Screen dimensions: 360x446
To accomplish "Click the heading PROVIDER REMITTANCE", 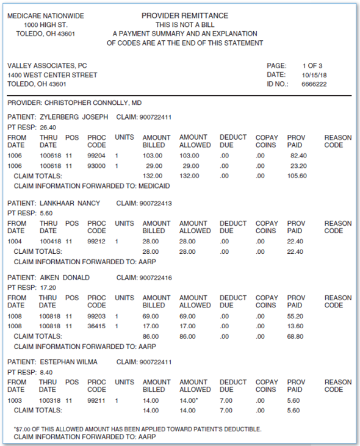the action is click(x=185, y=15).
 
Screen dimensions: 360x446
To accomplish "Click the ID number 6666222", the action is click(x=314, y=84).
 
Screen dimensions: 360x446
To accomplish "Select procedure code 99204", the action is click(x=96, y=156).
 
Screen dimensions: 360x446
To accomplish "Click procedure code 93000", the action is click(x=96, y=166).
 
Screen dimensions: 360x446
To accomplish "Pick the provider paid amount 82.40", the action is click(x=298, y=156).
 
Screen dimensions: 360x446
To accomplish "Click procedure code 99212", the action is click(x=96, y=242).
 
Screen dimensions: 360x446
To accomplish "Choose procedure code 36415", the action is click(x=96, y=326).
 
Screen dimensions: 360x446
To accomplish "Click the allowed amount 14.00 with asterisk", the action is click(x=190, y=401).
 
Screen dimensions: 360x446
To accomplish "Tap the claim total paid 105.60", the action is click(x=297, y=176).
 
